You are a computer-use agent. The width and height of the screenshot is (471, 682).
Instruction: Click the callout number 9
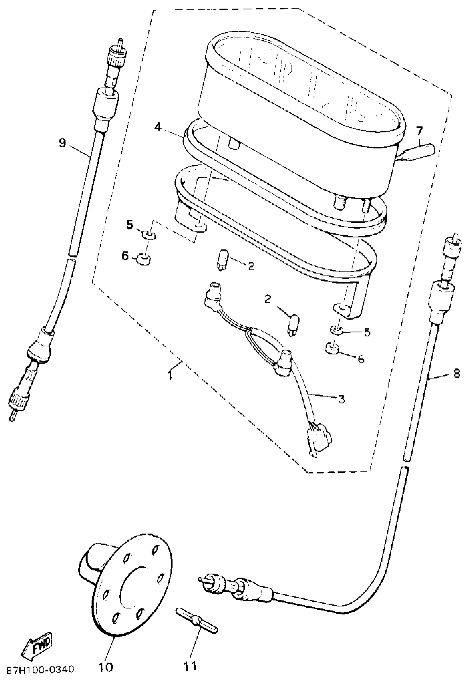point(62,143)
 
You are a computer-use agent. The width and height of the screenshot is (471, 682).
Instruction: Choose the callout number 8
point(456,374)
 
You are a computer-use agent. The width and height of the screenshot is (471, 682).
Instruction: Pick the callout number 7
point(419,130)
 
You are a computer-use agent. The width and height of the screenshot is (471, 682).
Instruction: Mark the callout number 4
point(158,127)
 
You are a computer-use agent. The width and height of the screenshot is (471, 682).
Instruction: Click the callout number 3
point(341,399)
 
